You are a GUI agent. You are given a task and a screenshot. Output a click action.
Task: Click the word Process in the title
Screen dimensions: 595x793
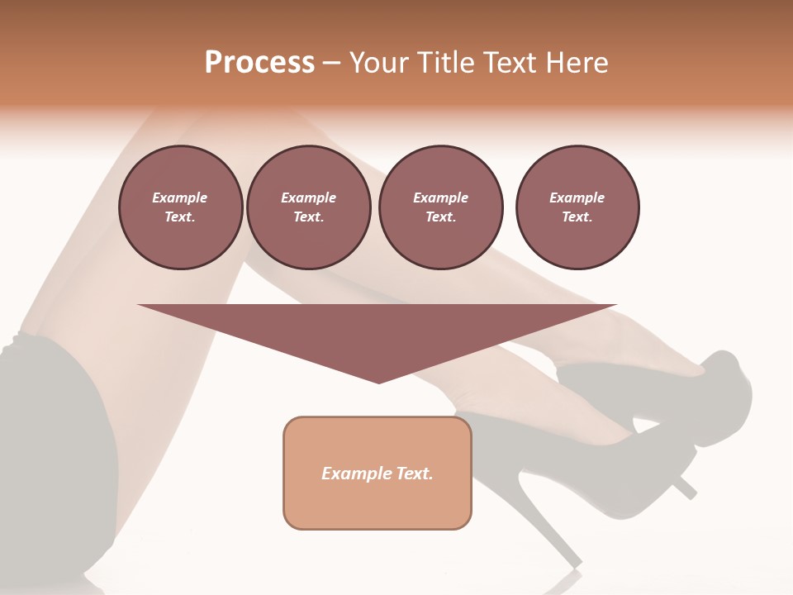click(259, 63)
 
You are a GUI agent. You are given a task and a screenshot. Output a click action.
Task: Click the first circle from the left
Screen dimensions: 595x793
click(180, 207)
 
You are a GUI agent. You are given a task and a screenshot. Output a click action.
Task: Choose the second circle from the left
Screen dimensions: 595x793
click(308, 207)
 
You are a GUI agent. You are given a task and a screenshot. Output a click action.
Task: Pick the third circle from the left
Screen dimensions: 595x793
click(440, 207)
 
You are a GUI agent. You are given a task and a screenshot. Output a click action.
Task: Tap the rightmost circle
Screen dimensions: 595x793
click(577, 207)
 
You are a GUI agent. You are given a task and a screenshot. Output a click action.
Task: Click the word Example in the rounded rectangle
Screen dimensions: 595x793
click(356, 474)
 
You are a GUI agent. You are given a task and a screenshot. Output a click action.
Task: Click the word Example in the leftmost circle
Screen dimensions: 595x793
click(180, 198)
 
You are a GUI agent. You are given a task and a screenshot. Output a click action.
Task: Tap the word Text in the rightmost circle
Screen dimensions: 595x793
click(577, 217)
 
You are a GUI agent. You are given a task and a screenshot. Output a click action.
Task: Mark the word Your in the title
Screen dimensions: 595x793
click(376, 63)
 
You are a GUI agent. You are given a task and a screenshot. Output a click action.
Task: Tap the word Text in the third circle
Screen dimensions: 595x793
click(440, 217)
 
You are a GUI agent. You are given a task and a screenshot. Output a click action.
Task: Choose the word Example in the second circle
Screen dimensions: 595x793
click(308, 198)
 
